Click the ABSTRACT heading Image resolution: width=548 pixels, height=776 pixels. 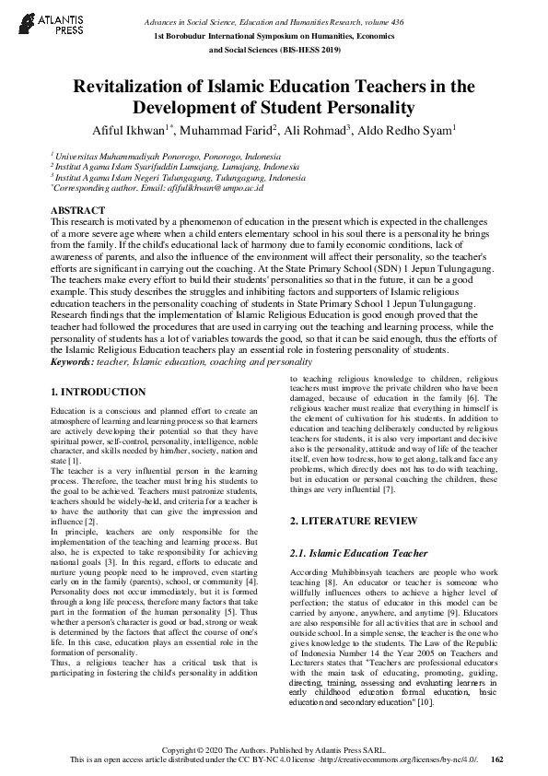coord(77,211)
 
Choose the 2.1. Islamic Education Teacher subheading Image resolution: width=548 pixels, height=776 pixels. coord(359,553)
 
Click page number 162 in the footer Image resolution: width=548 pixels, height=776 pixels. coord(496,758)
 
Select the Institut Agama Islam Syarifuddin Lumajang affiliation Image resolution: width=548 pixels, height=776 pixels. coord(170,167)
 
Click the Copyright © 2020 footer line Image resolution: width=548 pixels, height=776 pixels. coord(274,749)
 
